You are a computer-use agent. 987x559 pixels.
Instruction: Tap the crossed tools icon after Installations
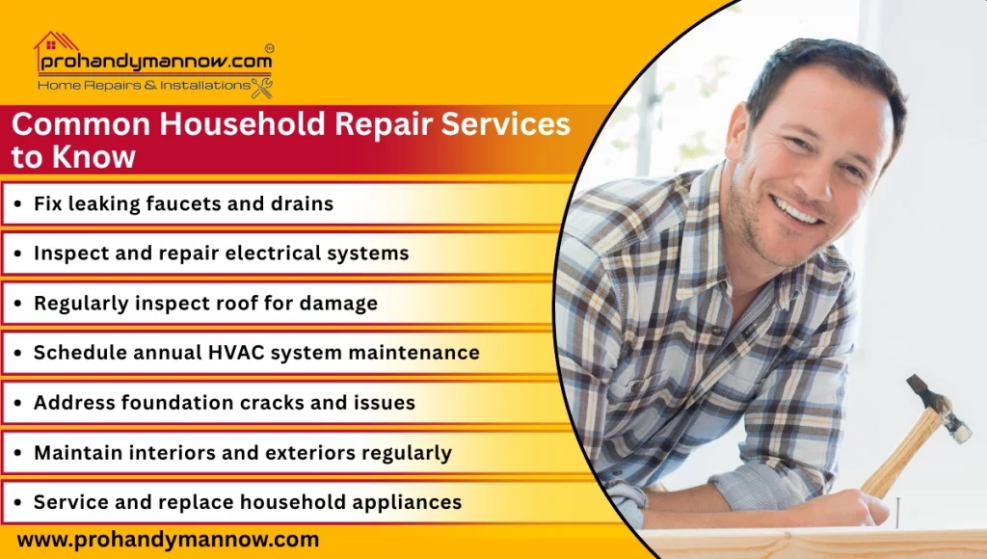click(262, 87)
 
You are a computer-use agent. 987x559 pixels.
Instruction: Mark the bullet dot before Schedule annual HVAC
click(19, 354)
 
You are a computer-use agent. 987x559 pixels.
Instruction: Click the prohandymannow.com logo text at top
click(154, 63)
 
